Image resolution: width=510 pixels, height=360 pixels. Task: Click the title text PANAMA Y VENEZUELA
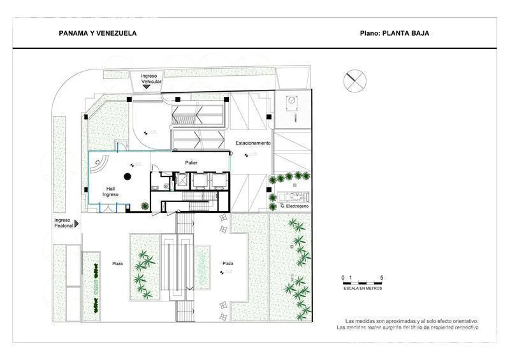pyautogui.click(x=98, y=33)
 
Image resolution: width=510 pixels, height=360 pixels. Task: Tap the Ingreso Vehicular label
pyautogui.click(x=152, y=79)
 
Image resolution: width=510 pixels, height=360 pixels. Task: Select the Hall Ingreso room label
pyautogui.click(x=112, y=191)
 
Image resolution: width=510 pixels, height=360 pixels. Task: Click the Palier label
pyautogui.click(x=191, y=163)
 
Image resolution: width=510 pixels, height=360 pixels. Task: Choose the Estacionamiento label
pyautogui.click(x=253, y=143)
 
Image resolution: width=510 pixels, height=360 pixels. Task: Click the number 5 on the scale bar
pyautogui.click(x=381, y=278)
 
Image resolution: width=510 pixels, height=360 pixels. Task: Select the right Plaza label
pyautogui.click(x=228, y=263)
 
